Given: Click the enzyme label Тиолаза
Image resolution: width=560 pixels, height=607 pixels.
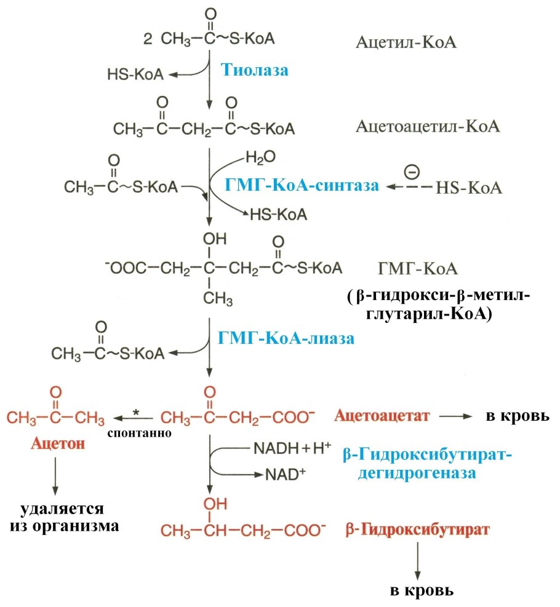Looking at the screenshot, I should (254, 69).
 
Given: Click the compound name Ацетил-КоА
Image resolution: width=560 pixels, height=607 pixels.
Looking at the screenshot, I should (408, 42).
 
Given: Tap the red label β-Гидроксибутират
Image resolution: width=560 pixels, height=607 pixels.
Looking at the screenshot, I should (418, 530).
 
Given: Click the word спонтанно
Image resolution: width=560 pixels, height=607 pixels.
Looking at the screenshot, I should (139, 432).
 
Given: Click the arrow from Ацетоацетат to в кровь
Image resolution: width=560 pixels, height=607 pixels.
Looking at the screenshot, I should (458, 416).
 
